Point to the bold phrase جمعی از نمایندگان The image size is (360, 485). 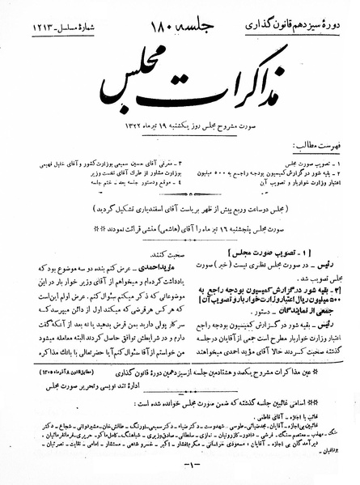pos(307,310)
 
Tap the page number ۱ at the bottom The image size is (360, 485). pos(180,474)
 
